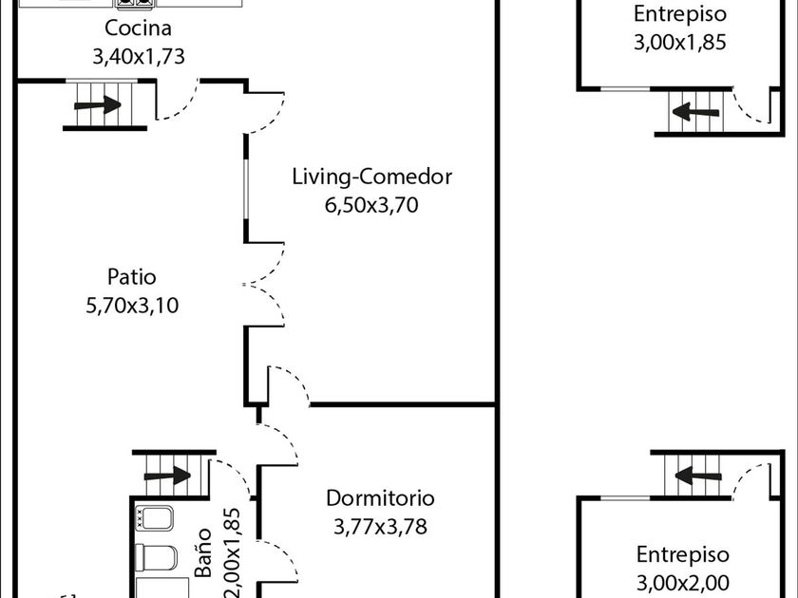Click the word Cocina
[x=138, y=28]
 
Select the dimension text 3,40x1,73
[x=138, y=56]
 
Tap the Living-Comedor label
[x=371, y=177]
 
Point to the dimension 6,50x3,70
[x=371, y=204]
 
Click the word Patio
[x=131, y=277]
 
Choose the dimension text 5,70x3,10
[x=131, y=305]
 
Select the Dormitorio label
[x=380, y=498]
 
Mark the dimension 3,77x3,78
[x=380, y=526]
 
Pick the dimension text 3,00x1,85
[x=680, y=42]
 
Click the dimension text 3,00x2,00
[x=682, y=582]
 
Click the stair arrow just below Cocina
[x=99, y=104]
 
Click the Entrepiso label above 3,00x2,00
[x=682, y=554]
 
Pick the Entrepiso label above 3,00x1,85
[x=680, y=14]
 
